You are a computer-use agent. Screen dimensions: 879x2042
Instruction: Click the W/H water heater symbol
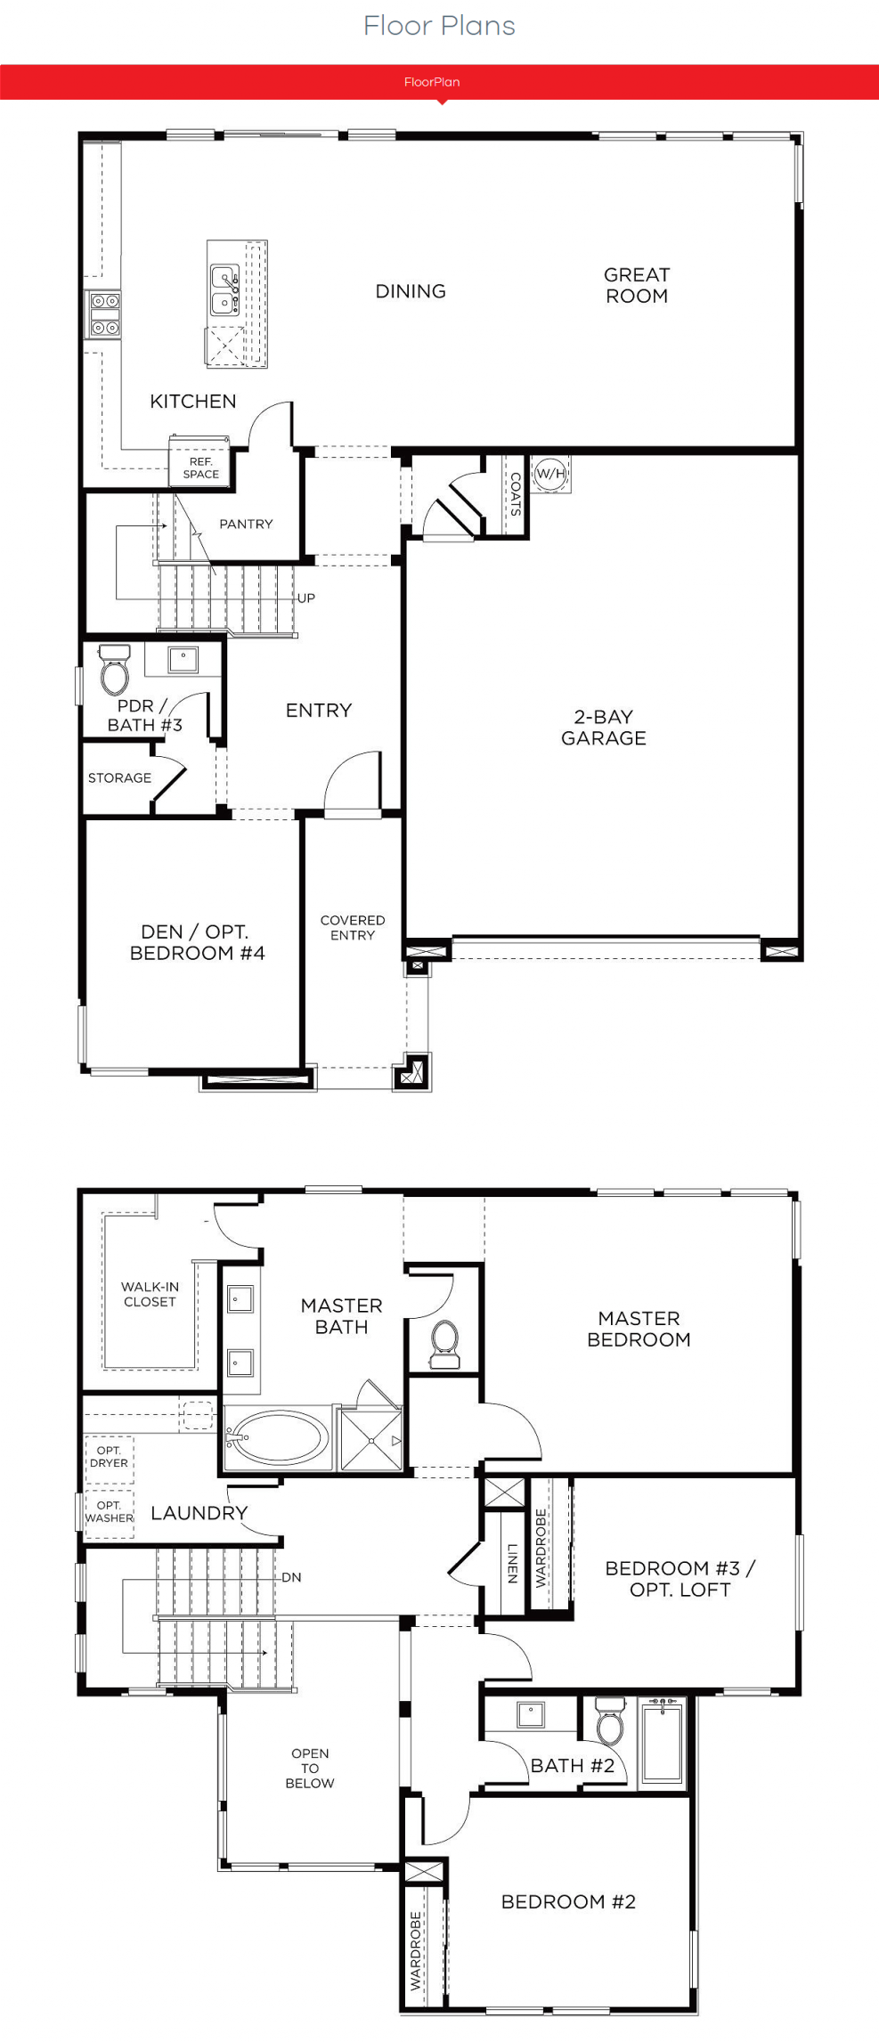(x=550, y=474)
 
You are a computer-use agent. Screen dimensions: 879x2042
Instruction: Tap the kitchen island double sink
(x=224, y=290)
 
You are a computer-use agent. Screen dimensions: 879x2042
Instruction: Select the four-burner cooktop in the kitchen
(x=104, y=314)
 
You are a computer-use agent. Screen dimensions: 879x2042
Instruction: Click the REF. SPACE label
(x=200, y=468)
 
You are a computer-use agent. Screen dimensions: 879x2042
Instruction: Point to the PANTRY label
(x=246, y=524)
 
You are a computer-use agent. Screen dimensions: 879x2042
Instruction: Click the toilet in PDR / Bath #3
(x=114, y=670)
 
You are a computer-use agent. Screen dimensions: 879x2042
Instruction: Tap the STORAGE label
(x=119, y=777)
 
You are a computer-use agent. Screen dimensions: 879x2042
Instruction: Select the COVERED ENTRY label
(x=353, y=927)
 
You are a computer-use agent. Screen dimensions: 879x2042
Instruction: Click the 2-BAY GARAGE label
(x=604, y=727)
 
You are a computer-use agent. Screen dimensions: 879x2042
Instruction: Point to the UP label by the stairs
(x=305, y=598)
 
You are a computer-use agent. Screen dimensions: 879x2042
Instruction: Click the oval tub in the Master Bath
(x=277, y=1436)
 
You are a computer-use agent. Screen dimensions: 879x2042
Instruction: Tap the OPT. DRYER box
(x=109, y=1458)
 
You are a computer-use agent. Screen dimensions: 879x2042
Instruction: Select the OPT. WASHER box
(x=109, y=1512)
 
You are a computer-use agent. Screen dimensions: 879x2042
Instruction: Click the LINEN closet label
(x=512, y=1563)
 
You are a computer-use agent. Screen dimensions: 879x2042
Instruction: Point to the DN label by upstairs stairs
(x=291, y=1577)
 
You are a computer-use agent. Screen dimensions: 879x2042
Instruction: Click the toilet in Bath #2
(x=610, y=1721)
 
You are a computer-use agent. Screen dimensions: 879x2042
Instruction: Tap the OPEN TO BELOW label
(x=310, y=1768)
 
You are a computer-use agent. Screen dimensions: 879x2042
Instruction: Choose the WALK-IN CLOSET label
(x=150, y=1294)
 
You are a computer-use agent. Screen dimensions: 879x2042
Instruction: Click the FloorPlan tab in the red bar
(x=432, y=82)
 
